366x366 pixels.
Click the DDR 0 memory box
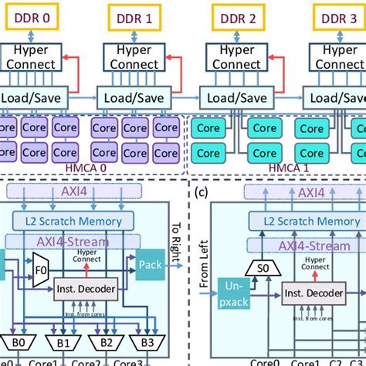29,17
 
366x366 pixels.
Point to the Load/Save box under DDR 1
127,99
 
